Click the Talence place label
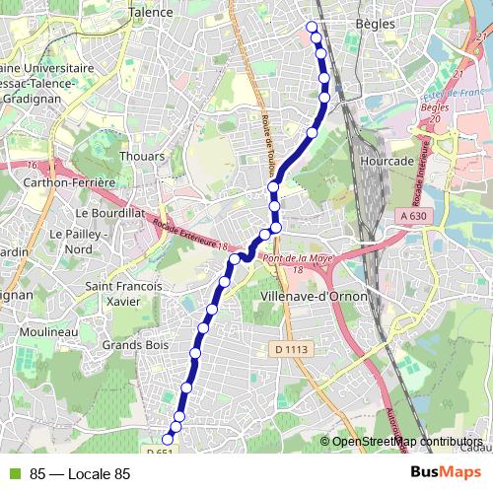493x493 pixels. pyautogui.click(x=151, y=13)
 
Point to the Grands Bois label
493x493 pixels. pyautogui.click(x=136, y=345)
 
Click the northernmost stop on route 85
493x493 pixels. pyautogui.click(x=313, y=27)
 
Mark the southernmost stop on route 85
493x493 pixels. pyautogui.click(x=168, y=438)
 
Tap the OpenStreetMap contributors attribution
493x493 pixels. pyautogui.click(x=406, y=442)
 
